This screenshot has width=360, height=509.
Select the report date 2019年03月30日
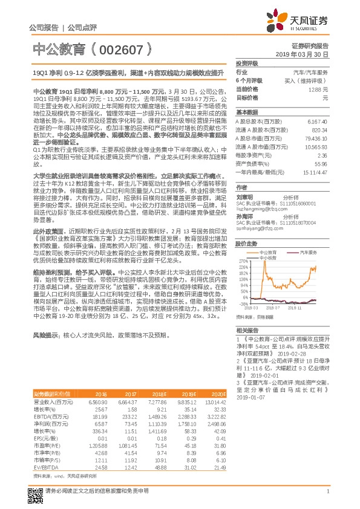coord(306,54)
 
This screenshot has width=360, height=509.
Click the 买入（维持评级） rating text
coord(306,80)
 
